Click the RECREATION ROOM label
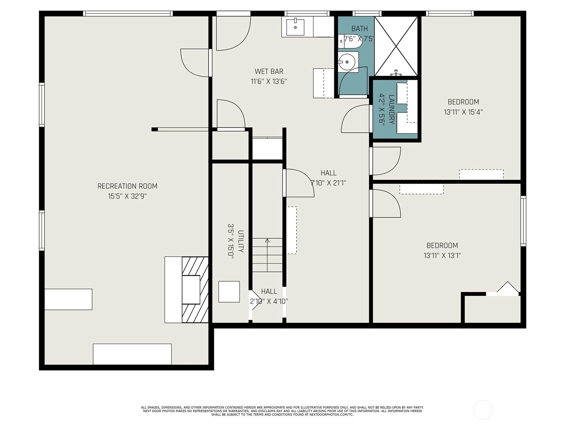pos(127,186)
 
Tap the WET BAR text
pos(269,71)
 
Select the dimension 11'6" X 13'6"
pos(269,82)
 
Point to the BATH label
pos(359,28)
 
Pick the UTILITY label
pos(241,241)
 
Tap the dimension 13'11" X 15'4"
pos(463,112)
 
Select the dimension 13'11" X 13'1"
pos(442,255)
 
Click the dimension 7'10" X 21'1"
pos(328,183)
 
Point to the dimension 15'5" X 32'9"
pos(127,196)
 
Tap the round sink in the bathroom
pos(347,62)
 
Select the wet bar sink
pos(295,26)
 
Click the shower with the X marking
pos(396,46)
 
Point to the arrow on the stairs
pos(267,255)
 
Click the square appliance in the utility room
pos(229,292)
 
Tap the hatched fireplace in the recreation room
pos(195,290)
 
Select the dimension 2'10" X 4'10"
pos(269,301)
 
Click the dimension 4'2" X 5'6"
pos(381,110)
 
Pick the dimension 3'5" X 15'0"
pos(231,241)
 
